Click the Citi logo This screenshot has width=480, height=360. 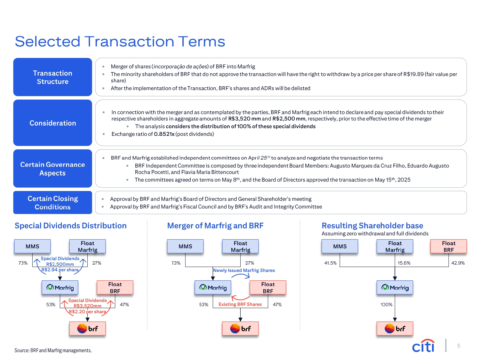[x=423, y=346]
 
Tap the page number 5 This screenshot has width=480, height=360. [x=459, y=346]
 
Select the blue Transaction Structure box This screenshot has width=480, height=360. [x=52, y=77]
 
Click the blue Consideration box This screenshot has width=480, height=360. [x=52, y=123]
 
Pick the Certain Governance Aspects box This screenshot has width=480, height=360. [x=52, y=169]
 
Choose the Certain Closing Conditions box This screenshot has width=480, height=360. [x=52, y=203]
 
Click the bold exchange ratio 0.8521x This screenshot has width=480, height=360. [x=164, y=134]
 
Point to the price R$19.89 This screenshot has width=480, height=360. [x=413, y=74]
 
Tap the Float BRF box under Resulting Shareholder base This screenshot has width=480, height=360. [x=448, y=246]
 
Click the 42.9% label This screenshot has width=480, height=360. [x=458, y=263]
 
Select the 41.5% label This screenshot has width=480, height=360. [x=330, y=263]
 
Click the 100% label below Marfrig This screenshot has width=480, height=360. [x=386, y=305]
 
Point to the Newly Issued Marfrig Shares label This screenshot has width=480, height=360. [x=244, y=270]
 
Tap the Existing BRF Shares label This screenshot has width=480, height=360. [x=240, y=304]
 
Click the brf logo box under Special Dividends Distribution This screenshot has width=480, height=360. [x=87, y=329]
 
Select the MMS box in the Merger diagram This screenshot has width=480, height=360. [x=185, y=246]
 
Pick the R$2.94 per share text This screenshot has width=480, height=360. [x=60, y=270]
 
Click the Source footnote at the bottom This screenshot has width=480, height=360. [x=53, y=350]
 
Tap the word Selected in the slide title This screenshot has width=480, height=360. [x=47, y=42]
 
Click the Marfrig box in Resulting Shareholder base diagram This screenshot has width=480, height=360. [x=395, y=287]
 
